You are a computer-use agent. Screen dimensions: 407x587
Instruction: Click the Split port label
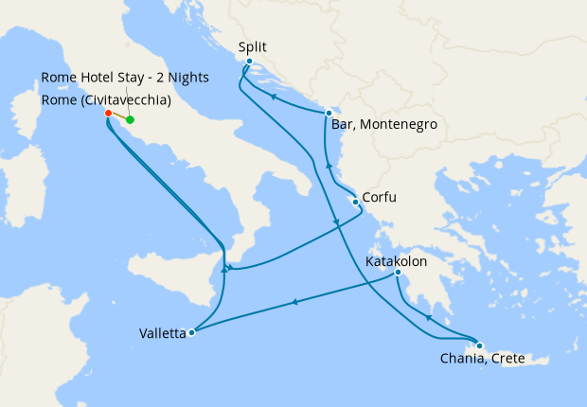click(x=254, y=45)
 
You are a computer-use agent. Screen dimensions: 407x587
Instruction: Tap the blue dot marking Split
click(x=249, y=62)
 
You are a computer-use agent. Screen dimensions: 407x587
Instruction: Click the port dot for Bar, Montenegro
click(x=329, y=113)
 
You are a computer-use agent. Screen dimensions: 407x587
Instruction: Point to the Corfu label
click(x=379, y=198)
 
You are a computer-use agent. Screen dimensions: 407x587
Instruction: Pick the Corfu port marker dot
click(x=355, y=202)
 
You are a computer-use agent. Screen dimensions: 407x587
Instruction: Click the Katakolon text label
click(x=397, y=260)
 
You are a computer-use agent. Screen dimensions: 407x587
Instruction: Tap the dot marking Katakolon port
click(x=400, y=274)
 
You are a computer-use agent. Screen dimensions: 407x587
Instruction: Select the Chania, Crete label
click(x=482, y=359)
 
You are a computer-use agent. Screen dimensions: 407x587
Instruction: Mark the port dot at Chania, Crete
click(x=480, y=345)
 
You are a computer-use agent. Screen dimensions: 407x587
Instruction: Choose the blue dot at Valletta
click(x=192, y=332)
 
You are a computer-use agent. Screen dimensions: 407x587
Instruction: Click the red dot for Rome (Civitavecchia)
click(x=108, y=114)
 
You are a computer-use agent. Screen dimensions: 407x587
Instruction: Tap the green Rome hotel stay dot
click(x=130, y=120)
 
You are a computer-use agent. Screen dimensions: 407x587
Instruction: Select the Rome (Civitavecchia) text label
click(x=105, y=98)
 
